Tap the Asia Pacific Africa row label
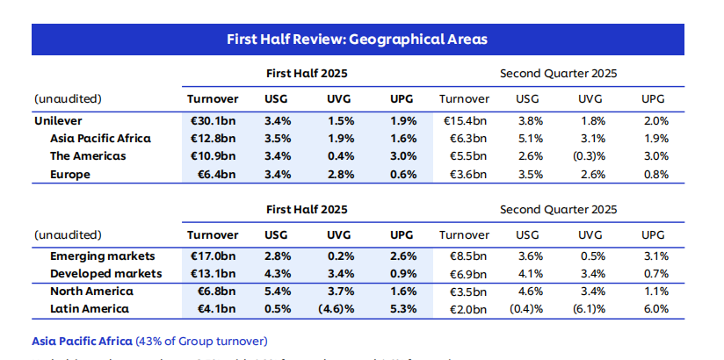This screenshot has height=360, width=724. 100,139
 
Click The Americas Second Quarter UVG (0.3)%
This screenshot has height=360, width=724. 587,156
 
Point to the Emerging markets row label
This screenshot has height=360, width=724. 102,256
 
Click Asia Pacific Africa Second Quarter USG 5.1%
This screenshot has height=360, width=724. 527,139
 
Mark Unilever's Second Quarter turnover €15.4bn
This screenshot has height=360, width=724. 464,121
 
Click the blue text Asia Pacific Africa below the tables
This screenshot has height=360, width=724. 83,341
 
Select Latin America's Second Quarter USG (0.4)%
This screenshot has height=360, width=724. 527,309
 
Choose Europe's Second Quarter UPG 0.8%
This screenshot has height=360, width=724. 655,174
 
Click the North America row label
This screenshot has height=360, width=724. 91,292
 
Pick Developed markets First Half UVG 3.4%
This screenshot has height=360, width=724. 340,274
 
